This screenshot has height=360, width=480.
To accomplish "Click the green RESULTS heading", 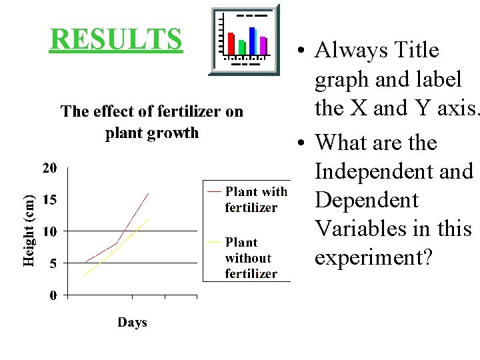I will point(116,39).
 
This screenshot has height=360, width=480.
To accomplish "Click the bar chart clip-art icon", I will point(245,41).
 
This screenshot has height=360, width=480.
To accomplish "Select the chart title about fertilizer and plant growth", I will point(152,122).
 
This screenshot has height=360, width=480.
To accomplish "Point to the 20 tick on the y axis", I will point(50,168).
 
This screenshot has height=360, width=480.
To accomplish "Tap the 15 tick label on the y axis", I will point(50,200).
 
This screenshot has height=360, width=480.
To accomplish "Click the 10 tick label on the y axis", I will point(50,231).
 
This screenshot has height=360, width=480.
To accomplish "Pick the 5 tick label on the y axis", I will point(53,263).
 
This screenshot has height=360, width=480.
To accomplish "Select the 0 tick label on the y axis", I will point(53,295).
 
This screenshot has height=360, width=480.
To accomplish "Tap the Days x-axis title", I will point(132,323).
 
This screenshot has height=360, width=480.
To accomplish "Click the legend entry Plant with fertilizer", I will point(255,199).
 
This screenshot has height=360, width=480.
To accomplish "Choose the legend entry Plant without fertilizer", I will point(251,258).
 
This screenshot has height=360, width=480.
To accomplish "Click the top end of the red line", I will point(148,193).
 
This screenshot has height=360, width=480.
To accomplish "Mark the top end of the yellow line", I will point(148,219).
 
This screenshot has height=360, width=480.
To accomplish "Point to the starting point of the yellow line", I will point(84,275).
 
